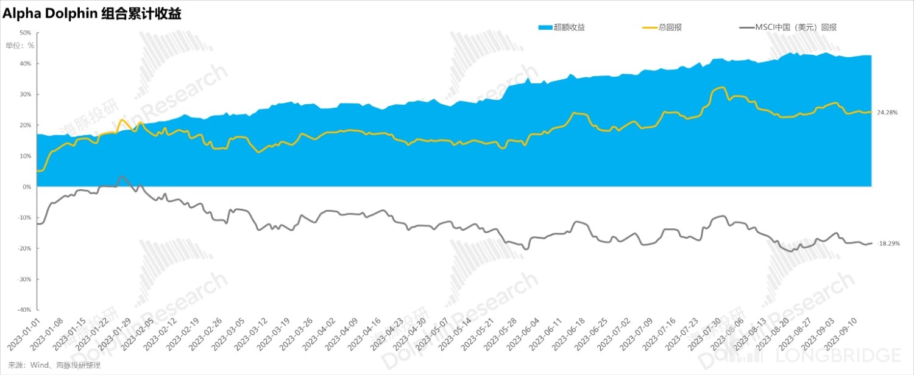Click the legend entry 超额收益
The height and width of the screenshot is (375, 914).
tap(569, 27)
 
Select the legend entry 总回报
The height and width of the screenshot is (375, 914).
tap(670, 27)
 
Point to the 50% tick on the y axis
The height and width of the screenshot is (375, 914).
tap(26, 33)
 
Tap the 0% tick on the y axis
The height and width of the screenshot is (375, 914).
tap(27, 187)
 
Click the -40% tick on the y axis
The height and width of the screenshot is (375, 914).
tap(24, 310)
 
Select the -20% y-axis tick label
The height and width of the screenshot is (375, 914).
tap(24, 248)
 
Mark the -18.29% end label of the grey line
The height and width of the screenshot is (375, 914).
tap(887, 244)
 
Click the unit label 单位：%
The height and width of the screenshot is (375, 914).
tap(20, 44)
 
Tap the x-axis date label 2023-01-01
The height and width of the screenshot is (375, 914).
tap(23, 334)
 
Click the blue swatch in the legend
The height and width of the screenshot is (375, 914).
tap(545, 27)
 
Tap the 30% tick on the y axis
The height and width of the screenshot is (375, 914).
tap(26, 94)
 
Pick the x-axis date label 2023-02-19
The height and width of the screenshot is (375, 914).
tap(182, 334)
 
